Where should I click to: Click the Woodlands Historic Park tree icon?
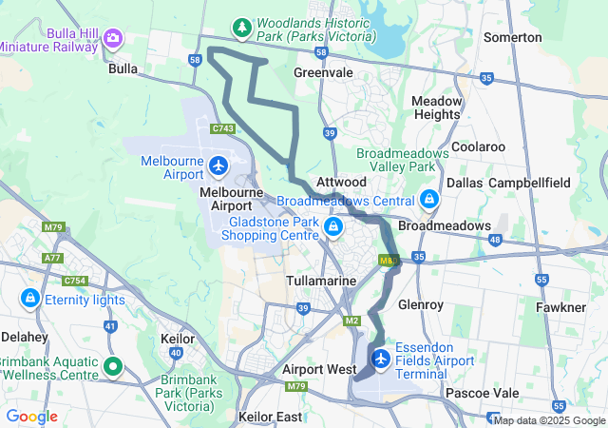[x=242, y=27]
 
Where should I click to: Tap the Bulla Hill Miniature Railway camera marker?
[x=114, y=38]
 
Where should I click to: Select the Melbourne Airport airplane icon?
[x=219, y=167]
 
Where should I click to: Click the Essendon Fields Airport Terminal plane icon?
[x=382, y=360]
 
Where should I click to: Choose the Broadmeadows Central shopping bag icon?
[x=429, y=200]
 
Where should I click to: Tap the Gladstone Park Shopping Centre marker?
[x=333, y=226]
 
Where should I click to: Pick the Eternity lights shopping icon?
[x=30, y=299]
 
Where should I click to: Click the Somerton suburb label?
[x=513, y=37]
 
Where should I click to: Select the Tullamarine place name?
[x=321, y=282]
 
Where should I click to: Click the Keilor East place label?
[x=271, y=417]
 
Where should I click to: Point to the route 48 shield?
[x=493, y=241]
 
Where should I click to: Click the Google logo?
[x=31, y=417]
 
